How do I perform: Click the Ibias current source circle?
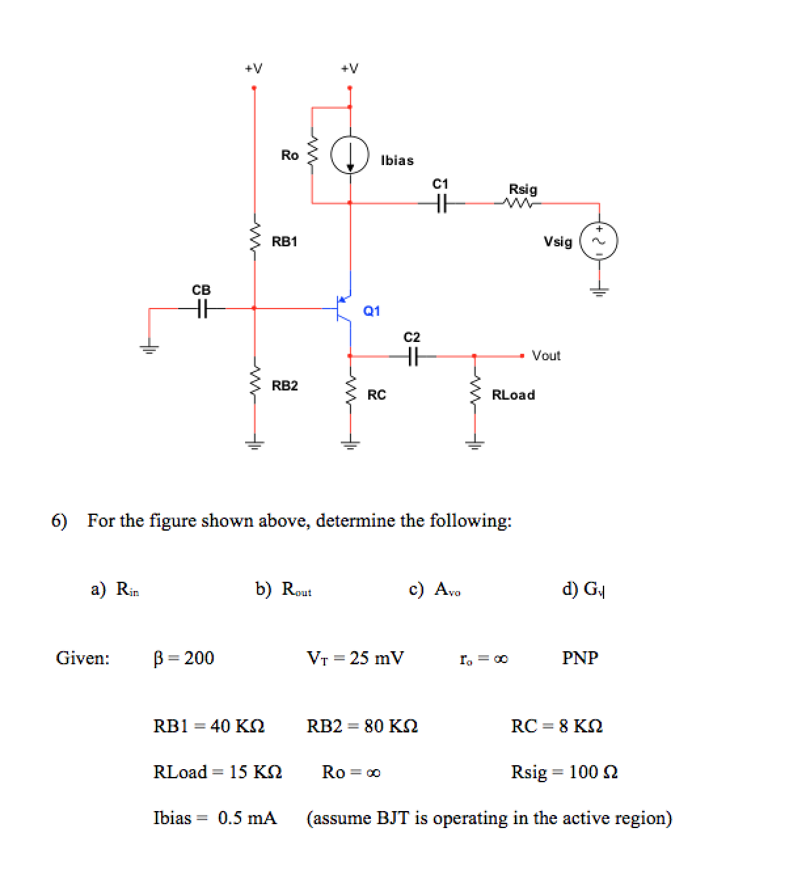click(x=350, y=156)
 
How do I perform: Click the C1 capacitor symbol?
click(x=441, y=203)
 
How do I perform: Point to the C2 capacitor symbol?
click(x=412, y=356)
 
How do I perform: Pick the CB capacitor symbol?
click(x=202, y=308)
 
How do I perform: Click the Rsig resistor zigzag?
click(x=522, y=203)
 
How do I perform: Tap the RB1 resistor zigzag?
click(x=255, y=240)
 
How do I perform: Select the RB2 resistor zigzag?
click(x=255, y=385)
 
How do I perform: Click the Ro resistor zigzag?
click(x=312, y=155)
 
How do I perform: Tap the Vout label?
click(x=546, y=356)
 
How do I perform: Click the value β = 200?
click(x=183, y=658)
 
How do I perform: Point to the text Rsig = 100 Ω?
click(x=564, y=772)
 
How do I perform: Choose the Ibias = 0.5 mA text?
click(x=215, y=818)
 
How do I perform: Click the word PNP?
click(x=580, y=658)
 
